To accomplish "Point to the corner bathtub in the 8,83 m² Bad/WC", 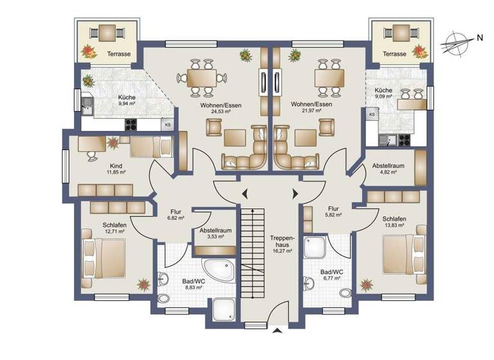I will point(217,271).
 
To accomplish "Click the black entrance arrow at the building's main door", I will point(277,331).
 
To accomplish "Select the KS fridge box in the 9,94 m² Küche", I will point(167,124).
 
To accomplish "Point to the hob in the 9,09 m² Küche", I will point(407,137).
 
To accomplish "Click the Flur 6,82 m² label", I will point(176,214).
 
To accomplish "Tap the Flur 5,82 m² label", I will point(333,212).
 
